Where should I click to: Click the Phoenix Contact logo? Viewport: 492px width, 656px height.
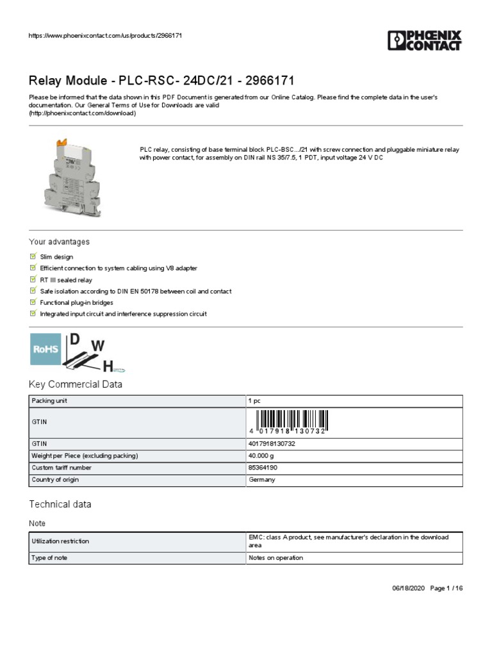[424, 40]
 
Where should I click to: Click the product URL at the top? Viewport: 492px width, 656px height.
[106, 35]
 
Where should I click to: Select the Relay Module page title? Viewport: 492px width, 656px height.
[161, 81]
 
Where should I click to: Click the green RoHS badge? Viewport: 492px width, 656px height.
[45, 349]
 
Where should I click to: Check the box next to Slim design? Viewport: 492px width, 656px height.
[33, 256]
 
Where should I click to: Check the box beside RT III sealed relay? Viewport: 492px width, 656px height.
[33, 279]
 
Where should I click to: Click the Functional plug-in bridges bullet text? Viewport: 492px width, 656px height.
[76, 302]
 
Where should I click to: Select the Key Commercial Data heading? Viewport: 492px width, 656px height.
[76, 384]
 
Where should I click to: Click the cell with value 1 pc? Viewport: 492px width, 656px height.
[254, 401]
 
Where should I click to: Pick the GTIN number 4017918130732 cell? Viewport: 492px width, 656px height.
[271, 443]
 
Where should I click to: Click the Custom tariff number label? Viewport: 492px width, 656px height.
[61, 468]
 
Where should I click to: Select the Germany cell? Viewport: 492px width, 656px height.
[261, 480]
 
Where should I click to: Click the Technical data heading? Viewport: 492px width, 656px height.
[60, 504]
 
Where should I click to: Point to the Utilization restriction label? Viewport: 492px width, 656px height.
[60, 541]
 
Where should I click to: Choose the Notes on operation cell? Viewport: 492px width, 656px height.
[275, 558]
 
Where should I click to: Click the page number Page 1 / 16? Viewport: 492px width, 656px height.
[445, 588]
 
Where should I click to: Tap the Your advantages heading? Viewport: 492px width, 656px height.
[59, 242]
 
